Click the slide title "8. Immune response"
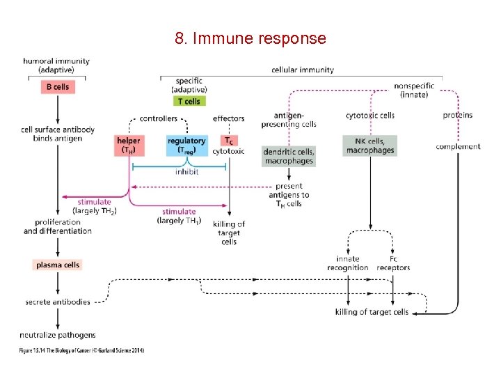[250, 38]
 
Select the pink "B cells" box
[57, 87]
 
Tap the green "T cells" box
[189, 101]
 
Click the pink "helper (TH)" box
[130, 146]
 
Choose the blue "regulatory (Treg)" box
[186, 146]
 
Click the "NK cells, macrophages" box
[369, 146]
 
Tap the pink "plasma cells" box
[57, 265]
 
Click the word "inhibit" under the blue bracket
[186, 172]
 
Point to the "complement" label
[458, 146]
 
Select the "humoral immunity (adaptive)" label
[56, 65]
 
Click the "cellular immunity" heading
[302, 70]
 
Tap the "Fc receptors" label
[393, 263]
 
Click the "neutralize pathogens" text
[58, 335]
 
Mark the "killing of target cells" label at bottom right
[372, 312]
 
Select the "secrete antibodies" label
[58, 302]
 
